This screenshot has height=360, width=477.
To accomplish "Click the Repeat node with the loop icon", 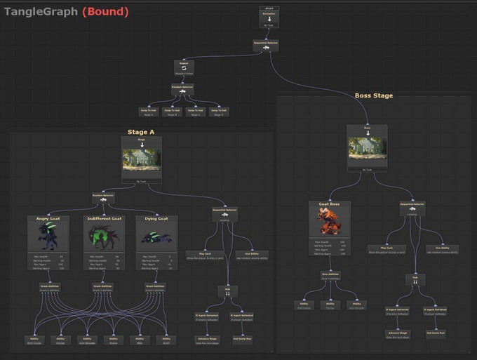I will click(182, 67).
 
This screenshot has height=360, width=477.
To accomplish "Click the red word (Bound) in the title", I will click(105, 11).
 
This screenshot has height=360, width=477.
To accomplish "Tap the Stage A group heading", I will click(142, 132).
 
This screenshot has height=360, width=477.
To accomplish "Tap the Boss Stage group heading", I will click(373, 95).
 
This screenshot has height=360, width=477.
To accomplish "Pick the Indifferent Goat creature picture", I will click(102, 236).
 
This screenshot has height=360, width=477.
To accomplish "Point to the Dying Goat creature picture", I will click(156, 236).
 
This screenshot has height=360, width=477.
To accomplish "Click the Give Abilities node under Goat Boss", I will click(329, 276).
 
